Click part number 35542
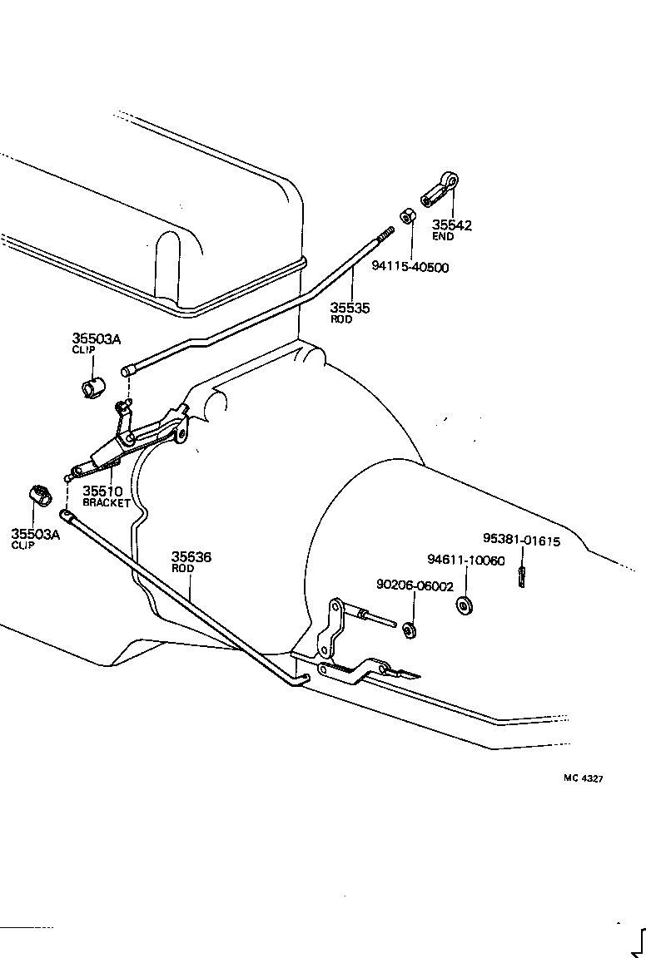(x=451, y=225)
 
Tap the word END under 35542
(x=443, y=237)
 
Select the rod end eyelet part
(x=439, y=188)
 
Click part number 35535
(x=350, y=309)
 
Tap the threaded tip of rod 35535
(x=385, y=237)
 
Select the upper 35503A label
(x=96, y=338)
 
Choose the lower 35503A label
(x=36, y=534)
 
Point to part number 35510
(x=102, y=491)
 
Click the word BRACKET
(x=107, y=503)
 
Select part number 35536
(x=191, y=557)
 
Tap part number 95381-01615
(x=522, y=541)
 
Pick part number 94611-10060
(x=466, y=560)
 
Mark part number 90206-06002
(x=415, y=585)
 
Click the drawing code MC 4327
(x=583, y=778)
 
